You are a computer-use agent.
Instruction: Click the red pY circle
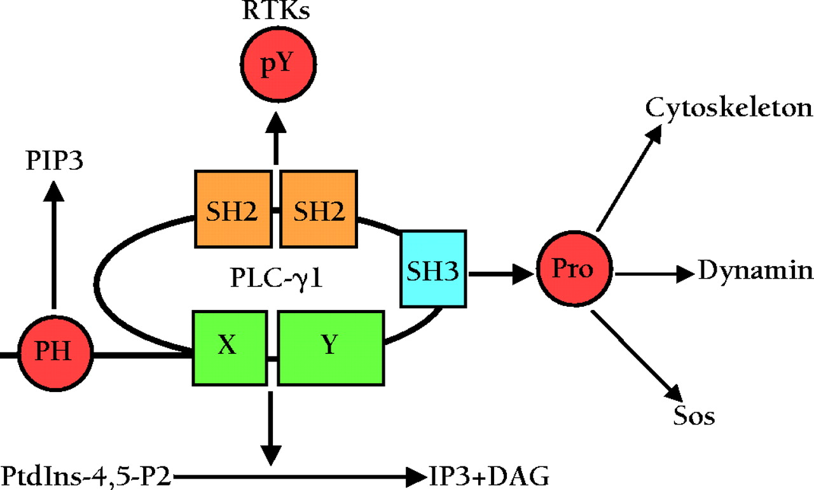pos(278,66)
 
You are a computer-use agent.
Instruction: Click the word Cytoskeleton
pos(729,109)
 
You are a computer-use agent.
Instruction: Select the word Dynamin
pos(755,270)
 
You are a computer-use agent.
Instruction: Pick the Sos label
pos(694,417)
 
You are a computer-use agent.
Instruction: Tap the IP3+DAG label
pos(487,475)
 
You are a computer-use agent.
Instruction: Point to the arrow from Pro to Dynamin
pos(655,274)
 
